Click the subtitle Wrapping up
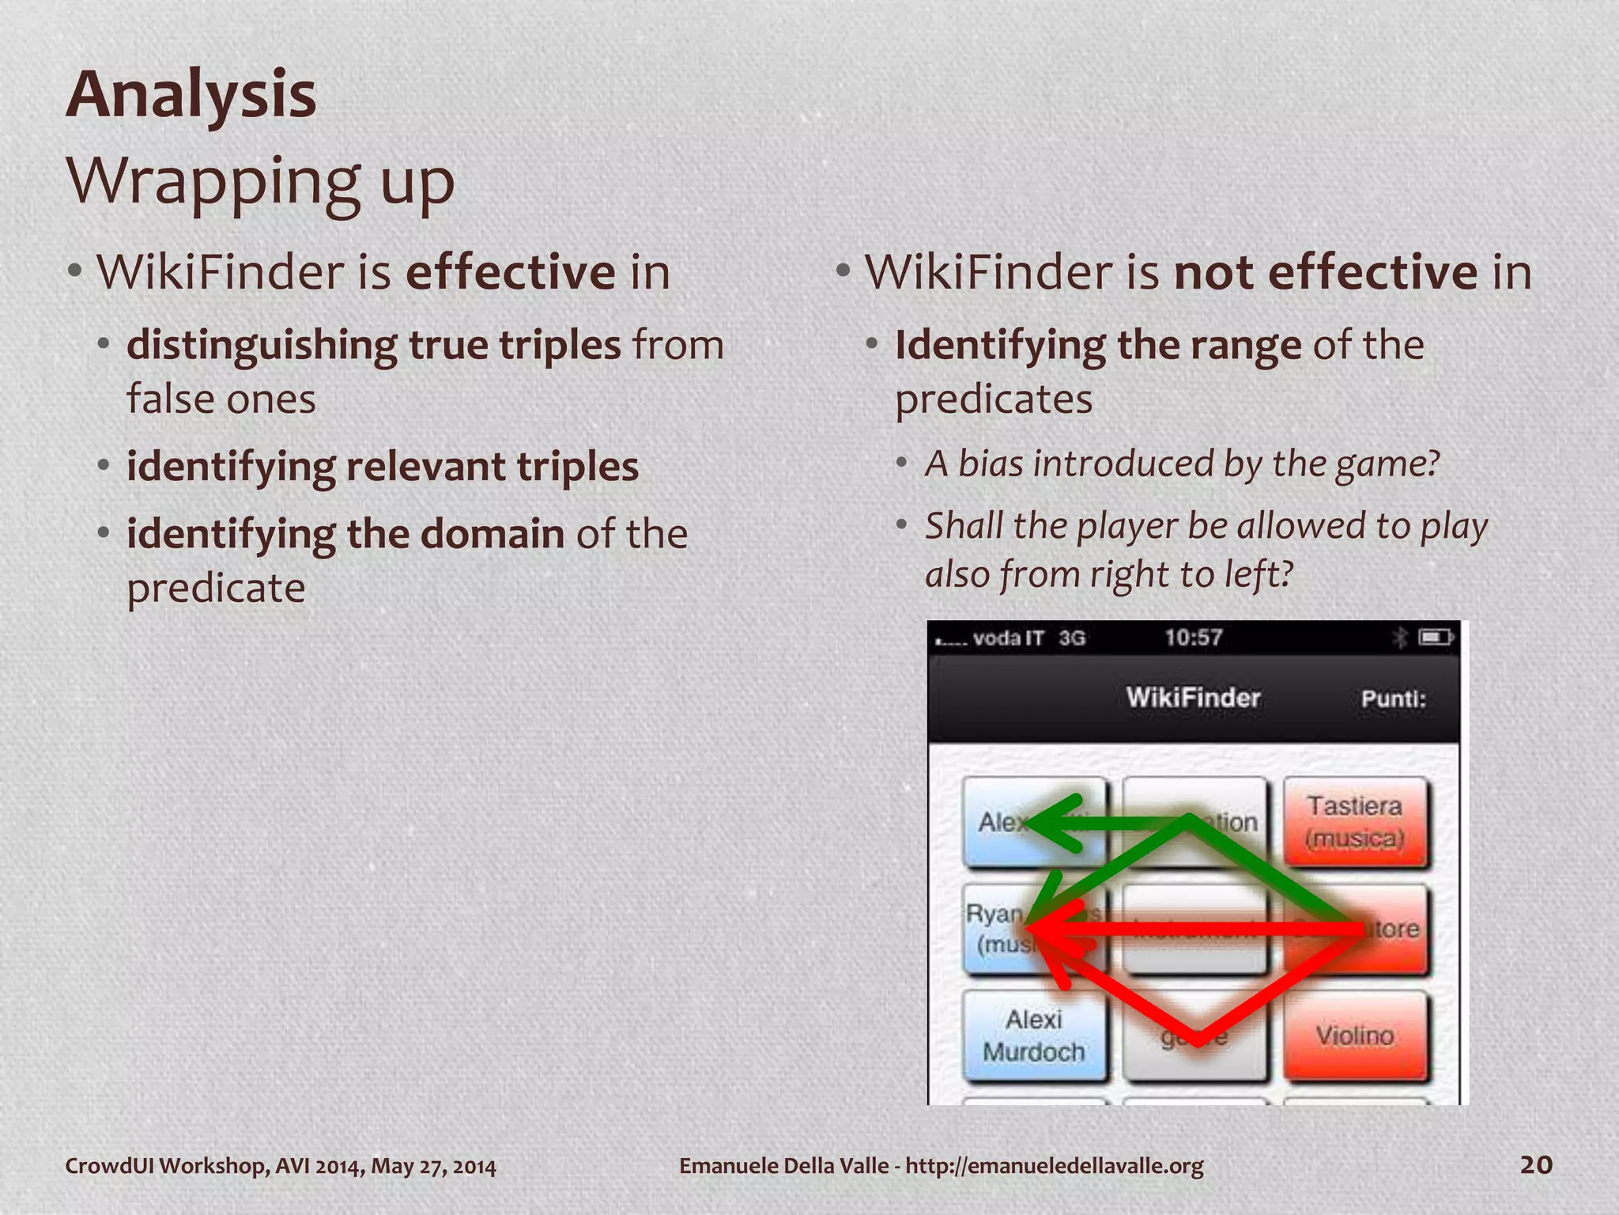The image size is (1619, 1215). [260, 181]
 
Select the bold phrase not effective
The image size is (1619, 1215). [1325, 272]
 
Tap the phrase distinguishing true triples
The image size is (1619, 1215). [373, 345]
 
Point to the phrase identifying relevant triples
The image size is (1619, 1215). [382, 466]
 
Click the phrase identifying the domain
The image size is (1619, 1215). [345, 533]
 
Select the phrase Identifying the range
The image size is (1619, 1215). [1097, 345]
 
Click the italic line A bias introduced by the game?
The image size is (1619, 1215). [1182, 464]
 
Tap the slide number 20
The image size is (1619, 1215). [1536, 1164]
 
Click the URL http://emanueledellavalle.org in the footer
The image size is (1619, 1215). [1054, 1166]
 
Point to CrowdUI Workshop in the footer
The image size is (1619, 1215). [166, 1166]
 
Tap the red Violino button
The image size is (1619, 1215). [1355, 1035]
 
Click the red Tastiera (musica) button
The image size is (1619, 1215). [1355, 822]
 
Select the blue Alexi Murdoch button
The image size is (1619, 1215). [1033, 1035]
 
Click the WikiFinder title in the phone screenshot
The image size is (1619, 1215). [1192, 698]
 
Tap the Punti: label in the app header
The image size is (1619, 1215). [1393, 698]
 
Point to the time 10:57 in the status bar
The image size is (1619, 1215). [1193, 638]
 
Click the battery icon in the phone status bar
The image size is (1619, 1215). [1435, 637]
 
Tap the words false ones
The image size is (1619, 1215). [221, 399]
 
